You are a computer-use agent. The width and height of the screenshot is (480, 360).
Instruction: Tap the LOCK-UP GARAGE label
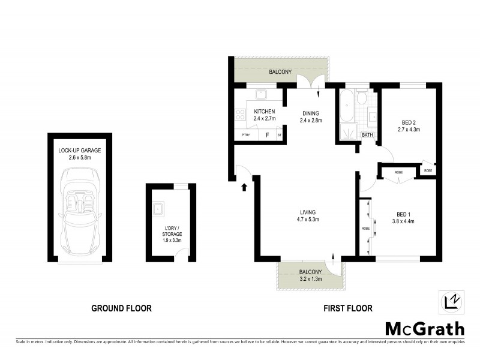pyautogui.click(x=79, y=150)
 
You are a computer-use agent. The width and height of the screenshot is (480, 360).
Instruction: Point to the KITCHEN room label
pyautogui.click(x=264, y=112)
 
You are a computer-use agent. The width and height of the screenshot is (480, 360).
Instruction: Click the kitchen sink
pyautogui.click(x=261, y=95)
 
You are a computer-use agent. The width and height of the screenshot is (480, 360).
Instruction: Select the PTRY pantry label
pyautogui.click(x=245, y=136)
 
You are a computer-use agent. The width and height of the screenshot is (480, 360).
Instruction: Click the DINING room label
pyautogui.click(x=311, y=113)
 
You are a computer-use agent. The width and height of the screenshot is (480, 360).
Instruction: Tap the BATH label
pyautogui.click(x=368, y=135)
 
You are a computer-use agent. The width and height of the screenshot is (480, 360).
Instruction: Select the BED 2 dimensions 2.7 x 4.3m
pyautogui.click(x=409, y=129)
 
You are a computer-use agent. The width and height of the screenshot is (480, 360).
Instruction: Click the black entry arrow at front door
pyautogui.click(x=245, y=187)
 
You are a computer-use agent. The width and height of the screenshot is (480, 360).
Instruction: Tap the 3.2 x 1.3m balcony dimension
pyautogui.click(x=310, y=279)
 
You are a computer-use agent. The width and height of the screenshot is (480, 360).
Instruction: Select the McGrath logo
pyautogui.click(x=424, y=328)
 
